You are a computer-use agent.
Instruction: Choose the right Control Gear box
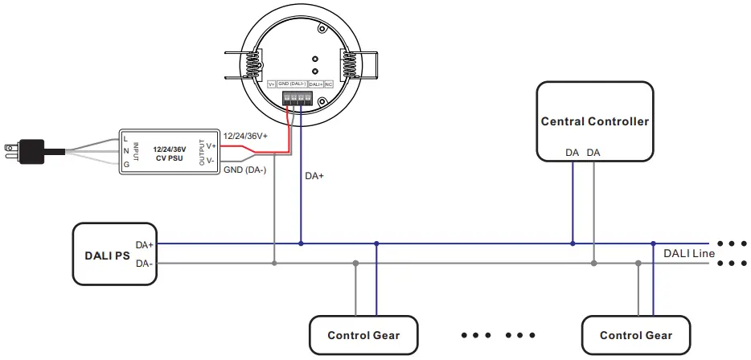pyautogui.click(x=635, y=333)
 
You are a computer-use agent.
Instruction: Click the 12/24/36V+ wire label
pyautogui.click(x=245, y=137)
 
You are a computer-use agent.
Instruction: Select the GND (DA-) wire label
pyautogui.click(x=244, y=170)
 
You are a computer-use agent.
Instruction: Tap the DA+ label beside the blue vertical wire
pyautogui.click(x=314, y=175)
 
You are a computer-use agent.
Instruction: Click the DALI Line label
pyautogui.click(x=689, y=253)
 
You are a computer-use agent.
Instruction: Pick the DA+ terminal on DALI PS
pyautogui.click(x=145, y=244)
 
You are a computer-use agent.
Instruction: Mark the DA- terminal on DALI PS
pyautogui.click(x=145, y=263)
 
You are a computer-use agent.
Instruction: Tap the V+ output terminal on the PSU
pyautogui.click(x=211, y=145)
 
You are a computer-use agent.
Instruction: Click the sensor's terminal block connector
pyautogui.click(x=297, y=98)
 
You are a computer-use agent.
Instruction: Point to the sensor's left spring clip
pyautogui.click(x=252, y=63)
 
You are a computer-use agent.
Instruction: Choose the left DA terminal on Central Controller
pyautogui.click(x=572, y=153)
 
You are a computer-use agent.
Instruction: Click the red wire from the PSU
pyautogui.click(x=257, y=147)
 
